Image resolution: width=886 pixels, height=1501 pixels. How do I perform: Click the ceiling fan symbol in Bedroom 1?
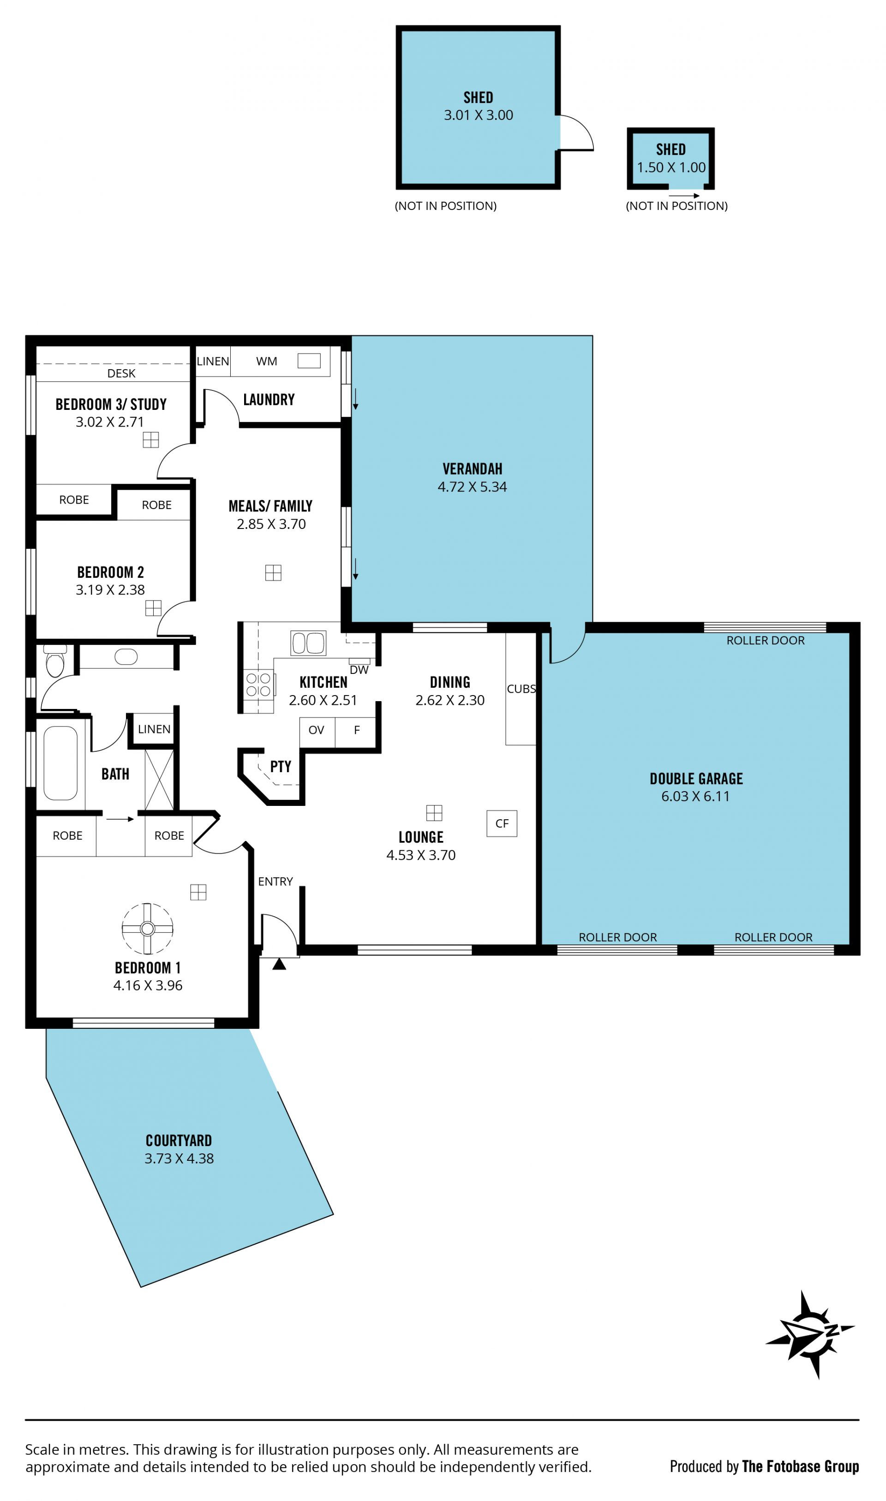pos(148,928)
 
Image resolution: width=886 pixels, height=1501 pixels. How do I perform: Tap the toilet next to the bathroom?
pos(55,661)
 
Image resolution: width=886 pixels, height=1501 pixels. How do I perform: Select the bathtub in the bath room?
pos(60,763)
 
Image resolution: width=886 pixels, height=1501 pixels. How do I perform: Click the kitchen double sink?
pos(308,643)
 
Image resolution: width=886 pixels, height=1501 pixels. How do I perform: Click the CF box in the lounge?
pos(502,823)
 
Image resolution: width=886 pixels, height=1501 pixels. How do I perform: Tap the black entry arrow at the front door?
pos(279,964)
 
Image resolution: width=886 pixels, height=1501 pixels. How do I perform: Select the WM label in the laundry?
pos(266,361)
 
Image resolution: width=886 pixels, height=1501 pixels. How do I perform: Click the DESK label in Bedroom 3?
pos(121,373)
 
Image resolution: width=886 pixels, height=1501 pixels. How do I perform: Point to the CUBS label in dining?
pos(521,688)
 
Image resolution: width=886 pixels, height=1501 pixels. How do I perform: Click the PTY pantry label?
pos(281,766)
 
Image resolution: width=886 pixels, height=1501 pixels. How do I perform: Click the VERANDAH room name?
pos(472,468)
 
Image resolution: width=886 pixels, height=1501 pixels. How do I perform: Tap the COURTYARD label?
pos(179,1141)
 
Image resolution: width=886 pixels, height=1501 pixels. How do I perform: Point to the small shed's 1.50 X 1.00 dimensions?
pos(671,167)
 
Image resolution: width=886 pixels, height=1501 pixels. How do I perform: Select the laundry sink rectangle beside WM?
pos(309,360)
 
